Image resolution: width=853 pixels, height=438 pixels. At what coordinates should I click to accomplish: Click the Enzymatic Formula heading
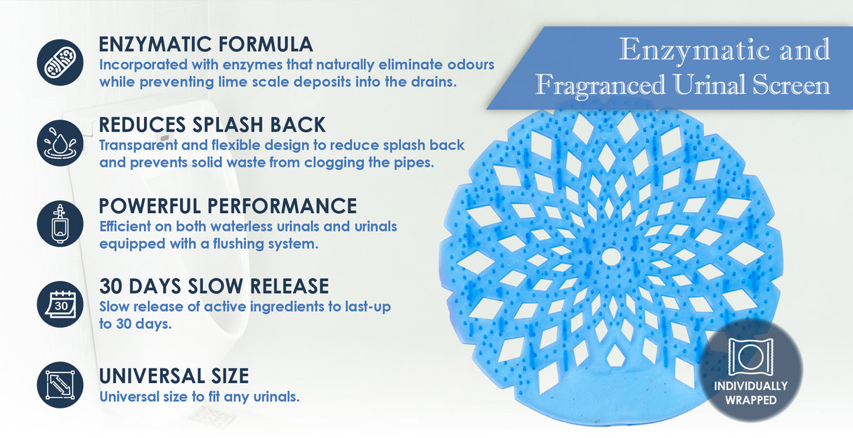click(206, 44)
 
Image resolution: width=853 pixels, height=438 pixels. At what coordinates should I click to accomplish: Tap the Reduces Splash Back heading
click(212, 125)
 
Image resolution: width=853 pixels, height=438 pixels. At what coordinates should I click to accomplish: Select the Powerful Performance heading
click(228, 206)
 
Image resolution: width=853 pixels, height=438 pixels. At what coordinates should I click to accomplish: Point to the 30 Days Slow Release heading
click(214, 286)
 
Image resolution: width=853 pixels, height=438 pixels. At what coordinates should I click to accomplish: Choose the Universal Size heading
click(174, 375)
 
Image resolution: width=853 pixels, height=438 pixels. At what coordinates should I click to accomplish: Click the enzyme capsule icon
click(60, 62)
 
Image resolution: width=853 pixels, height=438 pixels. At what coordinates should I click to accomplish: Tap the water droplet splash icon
click(60, 143)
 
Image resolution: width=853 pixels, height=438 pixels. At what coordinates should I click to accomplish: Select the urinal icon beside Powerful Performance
click(60, 223)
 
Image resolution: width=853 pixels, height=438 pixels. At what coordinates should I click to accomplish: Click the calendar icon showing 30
click(60, 304)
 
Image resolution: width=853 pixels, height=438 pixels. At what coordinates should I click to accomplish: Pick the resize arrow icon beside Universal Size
click(60, 385)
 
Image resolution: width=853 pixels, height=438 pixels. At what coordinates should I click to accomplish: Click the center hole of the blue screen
click(612, 258)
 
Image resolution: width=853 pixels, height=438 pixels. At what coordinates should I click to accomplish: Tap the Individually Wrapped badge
click(751, 371)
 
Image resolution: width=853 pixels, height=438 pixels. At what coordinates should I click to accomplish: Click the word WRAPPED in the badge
click(751, 400)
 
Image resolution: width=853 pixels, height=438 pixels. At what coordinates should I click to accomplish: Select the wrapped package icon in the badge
click(750, 356)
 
